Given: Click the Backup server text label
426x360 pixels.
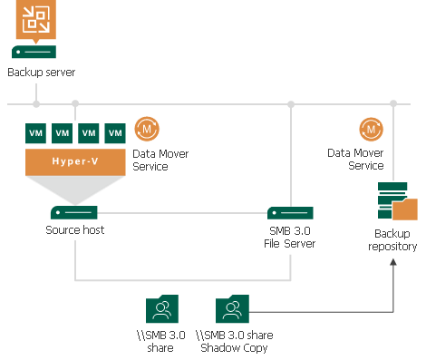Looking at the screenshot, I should click(42, 73).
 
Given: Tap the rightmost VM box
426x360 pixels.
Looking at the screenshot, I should click(115, 132).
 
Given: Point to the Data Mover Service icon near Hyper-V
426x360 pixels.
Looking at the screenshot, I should click(146, 129).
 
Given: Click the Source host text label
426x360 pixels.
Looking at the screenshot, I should click(75, 230).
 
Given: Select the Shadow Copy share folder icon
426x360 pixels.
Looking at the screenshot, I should click(231, 309).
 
